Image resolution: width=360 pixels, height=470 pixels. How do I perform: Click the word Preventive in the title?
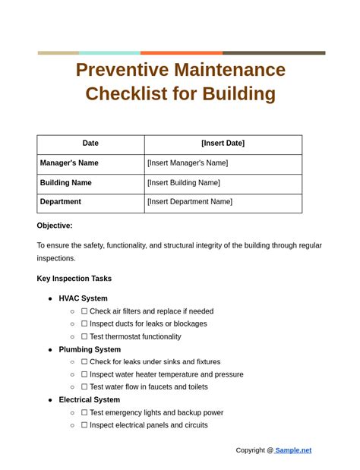click(x=121, y=70)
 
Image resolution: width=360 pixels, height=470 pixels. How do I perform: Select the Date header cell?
click(x=90, y=144)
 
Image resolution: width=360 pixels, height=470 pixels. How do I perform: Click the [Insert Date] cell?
click(x=223, y=144)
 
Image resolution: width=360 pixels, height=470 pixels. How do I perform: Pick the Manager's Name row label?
click(x=69, y=163)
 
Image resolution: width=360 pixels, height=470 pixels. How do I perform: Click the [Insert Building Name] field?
click(x=184, y=183)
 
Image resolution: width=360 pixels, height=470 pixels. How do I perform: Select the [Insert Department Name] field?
click(x=190, y=202)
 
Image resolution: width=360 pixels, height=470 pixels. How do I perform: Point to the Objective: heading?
click(x=55, y=226)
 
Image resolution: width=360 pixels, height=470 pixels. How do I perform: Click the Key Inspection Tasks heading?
click(x=74, y=279)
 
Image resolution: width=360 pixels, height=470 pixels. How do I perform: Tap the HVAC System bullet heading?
click(x=83, y=298)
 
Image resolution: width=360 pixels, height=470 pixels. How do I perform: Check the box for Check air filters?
click(x=84, y=311)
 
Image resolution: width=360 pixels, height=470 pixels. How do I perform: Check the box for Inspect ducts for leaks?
click(x=84, y=324)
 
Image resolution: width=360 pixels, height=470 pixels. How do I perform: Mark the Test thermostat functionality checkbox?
click(x=84, y=337)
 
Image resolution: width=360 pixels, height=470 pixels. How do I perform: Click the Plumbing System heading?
click(x=90, y=350)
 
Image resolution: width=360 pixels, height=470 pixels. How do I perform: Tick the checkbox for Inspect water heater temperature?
click(x=84, y=375)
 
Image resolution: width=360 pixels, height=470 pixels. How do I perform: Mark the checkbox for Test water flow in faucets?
click(x=84, y=387)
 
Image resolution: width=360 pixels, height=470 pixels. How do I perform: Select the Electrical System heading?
click(x=89, y=400)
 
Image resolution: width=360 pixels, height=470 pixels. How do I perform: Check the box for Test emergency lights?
click(x=84, y=413)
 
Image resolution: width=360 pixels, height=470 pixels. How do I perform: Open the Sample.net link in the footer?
click(x=293, y=450)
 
